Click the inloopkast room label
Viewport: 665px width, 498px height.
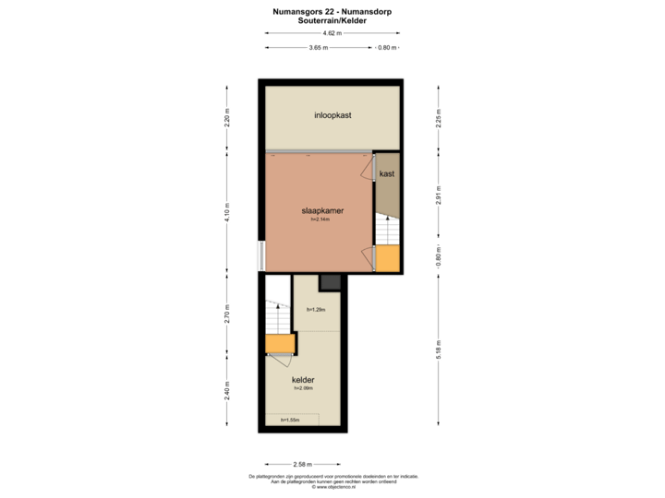point(332,115)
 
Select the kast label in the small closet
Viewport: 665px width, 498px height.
point(387,173)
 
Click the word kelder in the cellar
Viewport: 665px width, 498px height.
point(304,379)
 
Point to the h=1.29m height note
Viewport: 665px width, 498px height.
point(317,310)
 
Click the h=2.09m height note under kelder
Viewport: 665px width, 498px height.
point(304,388)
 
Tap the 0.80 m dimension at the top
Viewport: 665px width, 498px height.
point(388,47)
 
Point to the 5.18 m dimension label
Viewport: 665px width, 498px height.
point(439,349)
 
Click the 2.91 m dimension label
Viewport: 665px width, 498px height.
point(439,196)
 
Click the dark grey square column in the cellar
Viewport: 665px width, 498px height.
point(331,283)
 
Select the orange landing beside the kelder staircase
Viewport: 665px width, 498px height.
point(279,344)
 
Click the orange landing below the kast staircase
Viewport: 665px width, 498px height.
point(388,259)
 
